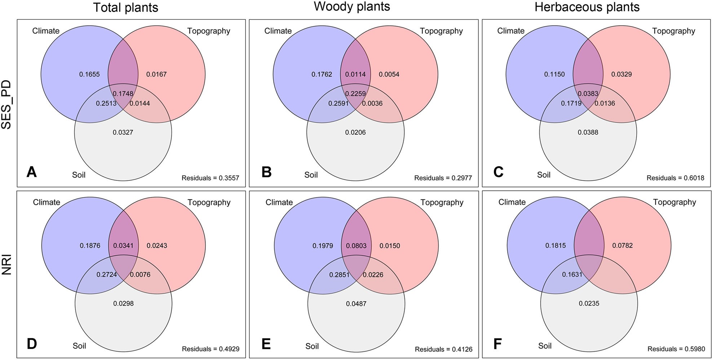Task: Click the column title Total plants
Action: [x=125, y=8]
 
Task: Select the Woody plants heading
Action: [x=351, y=6]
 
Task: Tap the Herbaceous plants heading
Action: [x=587, y=7]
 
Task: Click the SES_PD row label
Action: [x=6, y=105]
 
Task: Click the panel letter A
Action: [x=32, y=172]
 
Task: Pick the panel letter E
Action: [x=266, y=344]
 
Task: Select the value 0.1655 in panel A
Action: [x=89, y=74]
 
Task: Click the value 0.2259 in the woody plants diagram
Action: [x=355, y=94]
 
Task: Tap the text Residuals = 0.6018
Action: [x=675, y=178]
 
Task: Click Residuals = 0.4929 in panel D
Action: [x=211, y=349]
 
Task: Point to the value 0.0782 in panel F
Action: [x=622, y=245]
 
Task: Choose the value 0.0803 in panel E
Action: [x=356, y=246]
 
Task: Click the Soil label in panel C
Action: [x=544, y=175]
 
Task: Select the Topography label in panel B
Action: [x=441, y=31]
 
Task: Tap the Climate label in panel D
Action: [x=47, y=202]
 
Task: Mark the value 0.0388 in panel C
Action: [x=588, y=132]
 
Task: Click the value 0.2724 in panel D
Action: [x=107, y=275]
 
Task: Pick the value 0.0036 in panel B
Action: [x=372, y=103]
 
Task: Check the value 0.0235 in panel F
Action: [x=589, y=303]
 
